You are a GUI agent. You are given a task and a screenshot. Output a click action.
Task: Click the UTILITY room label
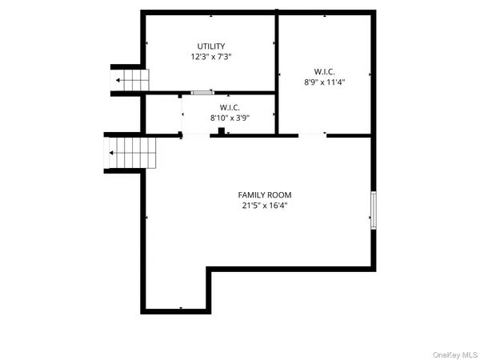click(211, 46)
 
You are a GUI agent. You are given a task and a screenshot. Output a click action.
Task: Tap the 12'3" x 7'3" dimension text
click(211, 57)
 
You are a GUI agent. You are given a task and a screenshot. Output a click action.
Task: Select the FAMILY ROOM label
click(265, 194)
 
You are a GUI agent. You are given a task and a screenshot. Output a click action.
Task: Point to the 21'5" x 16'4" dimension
click(265, 206)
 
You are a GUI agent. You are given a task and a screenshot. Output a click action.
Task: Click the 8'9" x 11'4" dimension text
click(324, 81)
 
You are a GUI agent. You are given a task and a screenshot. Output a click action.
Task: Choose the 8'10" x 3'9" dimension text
click(230, 118)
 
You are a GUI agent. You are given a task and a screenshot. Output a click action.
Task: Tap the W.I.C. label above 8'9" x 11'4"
click(324, 70)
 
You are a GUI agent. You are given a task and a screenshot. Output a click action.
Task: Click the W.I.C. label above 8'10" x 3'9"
click(230, 107)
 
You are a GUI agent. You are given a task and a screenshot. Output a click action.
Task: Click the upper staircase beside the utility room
click(130, 80)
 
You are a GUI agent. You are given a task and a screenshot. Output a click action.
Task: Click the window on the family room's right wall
click(373, 210)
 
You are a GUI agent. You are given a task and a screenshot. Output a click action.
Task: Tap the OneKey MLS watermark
click(454, 353)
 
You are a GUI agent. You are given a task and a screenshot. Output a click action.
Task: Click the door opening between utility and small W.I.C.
click(202, 93)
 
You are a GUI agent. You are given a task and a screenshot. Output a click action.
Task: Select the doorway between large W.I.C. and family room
click(312, 135)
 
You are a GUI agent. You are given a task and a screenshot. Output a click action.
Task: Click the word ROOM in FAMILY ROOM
click(280, 194)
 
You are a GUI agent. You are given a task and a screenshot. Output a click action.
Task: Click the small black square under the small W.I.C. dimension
click(220, 130)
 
